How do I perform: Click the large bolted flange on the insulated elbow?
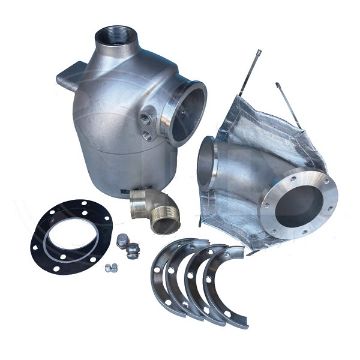point(298,205)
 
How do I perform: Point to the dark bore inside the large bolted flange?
point(299,206)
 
